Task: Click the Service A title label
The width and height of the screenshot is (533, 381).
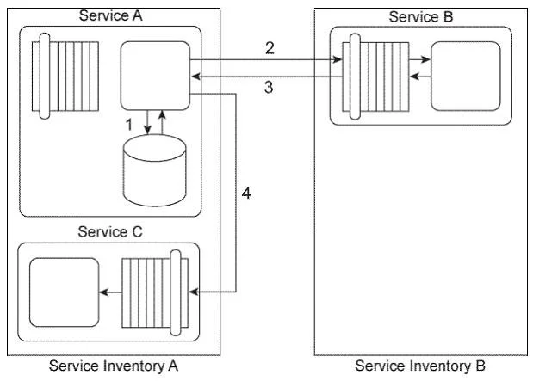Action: coord(110,15)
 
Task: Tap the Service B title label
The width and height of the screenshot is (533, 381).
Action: coord(421,16)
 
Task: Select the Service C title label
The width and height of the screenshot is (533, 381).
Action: coord(110,232)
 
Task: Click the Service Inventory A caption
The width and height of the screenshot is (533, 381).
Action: coord(114,366)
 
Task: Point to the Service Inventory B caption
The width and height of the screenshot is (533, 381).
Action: coord(420,366)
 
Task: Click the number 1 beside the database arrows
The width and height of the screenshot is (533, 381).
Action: coord(129,125)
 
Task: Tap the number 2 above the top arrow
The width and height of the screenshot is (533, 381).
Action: coord(270,48)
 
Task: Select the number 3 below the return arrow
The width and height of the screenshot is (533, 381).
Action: coord(269,87)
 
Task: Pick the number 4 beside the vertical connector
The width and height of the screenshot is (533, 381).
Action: coord(246,194)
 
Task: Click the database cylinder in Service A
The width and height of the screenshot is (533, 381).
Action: coord(155,170)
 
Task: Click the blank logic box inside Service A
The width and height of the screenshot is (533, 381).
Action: coord(155,76)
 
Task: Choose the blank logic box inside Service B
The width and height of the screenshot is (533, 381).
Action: coord(466,76)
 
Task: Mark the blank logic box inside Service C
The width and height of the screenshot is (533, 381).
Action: coord(65,292)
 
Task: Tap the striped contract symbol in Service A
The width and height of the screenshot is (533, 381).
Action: coord(65,76)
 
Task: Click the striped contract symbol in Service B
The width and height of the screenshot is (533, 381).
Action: coord(375,77)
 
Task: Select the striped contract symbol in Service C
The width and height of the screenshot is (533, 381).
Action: coord(155,292)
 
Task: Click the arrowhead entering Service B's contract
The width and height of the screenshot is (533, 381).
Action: coord(338,59)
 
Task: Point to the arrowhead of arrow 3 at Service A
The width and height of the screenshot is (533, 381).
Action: coord(195,77)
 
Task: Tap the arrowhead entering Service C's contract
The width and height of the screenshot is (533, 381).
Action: coord(194,292)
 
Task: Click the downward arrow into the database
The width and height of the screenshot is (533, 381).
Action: coord(147,122)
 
